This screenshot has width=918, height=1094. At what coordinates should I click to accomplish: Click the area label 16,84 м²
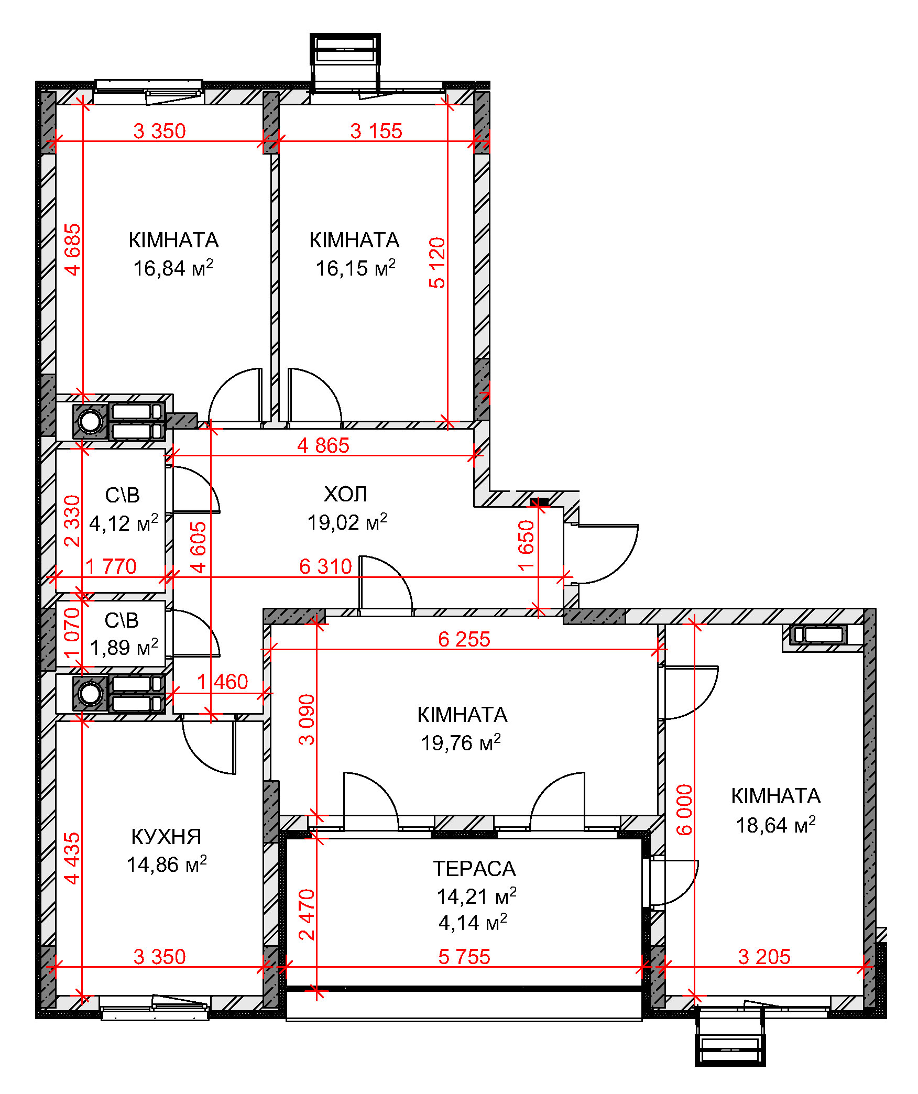[173, 268]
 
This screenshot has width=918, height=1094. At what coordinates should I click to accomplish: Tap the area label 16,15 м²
[355, 268]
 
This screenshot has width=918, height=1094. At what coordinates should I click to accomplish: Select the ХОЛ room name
[346, 494]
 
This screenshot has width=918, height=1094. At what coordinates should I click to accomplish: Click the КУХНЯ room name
[167, 837]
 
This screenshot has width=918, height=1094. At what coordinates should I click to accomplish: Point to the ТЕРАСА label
[475, 869]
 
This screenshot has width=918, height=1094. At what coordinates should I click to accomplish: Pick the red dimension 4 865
[323, 445]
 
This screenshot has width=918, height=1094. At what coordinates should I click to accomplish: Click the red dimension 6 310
[325, 566]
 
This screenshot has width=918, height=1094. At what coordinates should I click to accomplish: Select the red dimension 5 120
[437, 263]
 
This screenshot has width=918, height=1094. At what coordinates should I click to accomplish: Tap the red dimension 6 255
[464, 639]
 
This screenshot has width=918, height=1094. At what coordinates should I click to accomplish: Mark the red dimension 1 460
[223, 682]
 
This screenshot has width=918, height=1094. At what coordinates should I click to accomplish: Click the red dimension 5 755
[464, 957]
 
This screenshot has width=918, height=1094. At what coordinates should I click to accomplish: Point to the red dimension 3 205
[764, 957]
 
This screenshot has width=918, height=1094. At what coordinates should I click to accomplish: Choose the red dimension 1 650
[526, 545]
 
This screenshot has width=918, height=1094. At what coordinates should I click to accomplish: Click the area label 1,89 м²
[124, 648]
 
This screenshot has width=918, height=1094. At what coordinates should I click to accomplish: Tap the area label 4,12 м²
[124, 523]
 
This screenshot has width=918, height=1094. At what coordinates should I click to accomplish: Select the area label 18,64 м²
[776, 825]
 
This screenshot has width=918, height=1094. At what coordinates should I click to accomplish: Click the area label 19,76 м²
[461, 742]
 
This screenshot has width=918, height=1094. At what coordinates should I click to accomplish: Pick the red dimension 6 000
[684, 810]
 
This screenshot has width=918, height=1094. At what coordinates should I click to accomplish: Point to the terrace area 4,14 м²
[473, 923]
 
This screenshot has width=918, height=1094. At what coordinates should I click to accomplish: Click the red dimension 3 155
[376, 131]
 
